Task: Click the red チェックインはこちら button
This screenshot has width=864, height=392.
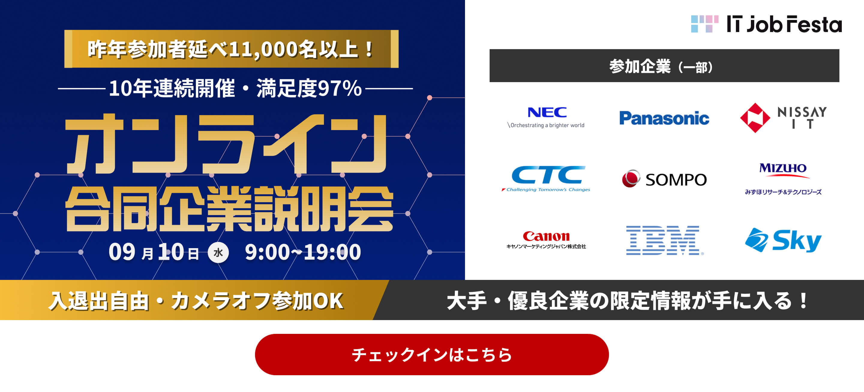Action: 432,355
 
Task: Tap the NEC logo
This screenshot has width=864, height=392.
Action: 547,113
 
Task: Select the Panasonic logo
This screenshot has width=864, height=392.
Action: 664,118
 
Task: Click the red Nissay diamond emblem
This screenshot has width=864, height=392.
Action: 755,118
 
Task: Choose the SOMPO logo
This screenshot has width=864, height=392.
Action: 664,179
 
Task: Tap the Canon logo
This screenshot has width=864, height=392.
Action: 546,236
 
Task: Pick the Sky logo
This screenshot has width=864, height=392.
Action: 783,240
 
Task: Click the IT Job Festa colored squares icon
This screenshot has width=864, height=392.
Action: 704,24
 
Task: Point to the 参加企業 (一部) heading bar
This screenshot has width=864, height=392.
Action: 664,66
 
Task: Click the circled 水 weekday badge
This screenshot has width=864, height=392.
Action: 218,252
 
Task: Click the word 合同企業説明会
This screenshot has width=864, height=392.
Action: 229,209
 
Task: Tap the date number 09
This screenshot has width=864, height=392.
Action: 122,252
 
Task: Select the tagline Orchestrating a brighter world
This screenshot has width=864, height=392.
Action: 547,125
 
